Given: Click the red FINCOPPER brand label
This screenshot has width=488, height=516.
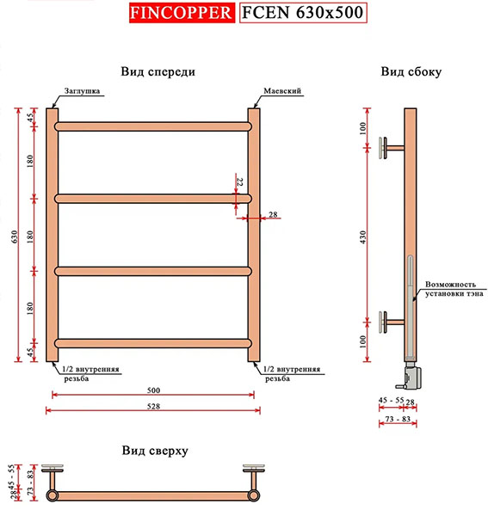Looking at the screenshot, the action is [182, 13].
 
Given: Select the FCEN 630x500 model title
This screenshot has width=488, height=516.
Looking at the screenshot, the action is [303, 13].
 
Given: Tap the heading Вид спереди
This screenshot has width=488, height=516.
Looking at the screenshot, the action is [158, 71].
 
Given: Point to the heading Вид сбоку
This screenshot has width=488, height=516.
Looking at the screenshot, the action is [411, 71].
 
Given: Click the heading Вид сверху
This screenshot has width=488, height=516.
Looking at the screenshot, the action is [155, 450].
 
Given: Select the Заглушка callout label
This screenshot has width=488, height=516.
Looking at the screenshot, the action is [82, 91].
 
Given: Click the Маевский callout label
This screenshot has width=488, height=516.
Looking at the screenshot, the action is [282, 91].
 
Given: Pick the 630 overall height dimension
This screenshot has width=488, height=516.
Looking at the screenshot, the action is [14, 236].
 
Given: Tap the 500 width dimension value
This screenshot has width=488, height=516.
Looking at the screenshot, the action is [153, 390].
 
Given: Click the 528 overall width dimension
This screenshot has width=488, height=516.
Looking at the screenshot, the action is [153, 407].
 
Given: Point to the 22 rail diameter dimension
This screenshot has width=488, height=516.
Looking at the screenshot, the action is [240, 182].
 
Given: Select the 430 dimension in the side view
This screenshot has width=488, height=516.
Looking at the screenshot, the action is [363, 237].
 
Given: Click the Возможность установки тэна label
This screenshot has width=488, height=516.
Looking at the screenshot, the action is [454, 289].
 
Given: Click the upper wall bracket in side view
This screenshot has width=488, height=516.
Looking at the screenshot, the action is [392, 148].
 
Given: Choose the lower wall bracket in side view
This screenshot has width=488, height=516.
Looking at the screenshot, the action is [392, 322].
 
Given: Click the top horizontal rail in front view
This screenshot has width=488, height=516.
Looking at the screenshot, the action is [153, 126].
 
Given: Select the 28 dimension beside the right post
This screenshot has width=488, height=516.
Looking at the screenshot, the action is [273, 214].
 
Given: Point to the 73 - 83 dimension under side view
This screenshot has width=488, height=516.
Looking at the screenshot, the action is [398, 419].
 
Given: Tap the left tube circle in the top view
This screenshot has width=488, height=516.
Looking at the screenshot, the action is [52, 495].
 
